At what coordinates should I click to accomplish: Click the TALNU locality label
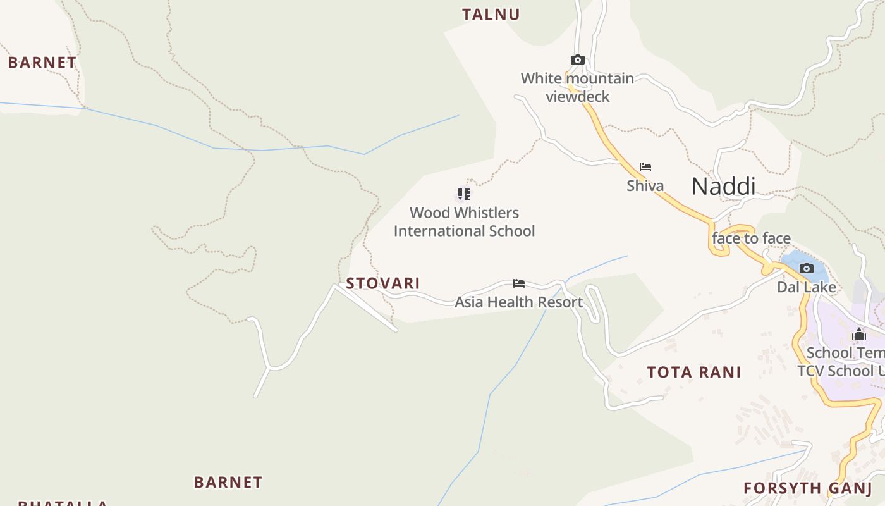pos(491,15)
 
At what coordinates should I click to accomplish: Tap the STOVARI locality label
pos(382,283)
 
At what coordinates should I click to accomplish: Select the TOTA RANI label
pos(693,373)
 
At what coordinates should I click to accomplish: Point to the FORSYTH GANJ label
pos(807,488)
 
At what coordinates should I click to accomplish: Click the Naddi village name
pos(723,187)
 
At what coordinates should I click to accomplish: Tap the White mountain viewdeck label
pos(577,87)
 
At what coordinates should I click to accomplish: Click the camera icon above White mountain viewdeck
pos(577,60)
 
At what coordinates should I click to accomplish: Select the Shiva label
pos(645,185)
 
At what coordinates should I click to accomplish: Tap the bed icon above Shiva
pos(645,167)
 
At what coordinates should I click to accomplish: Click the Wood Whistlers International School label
pos(464,222)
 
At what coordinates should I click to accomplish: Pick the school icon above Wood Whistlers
pos(464,194)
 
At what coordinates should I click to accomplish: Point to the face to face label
pos(751,238)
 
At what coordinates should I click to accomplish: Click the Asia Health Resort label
pos(518,302)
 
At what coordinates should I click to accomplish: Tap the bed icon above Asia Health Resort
pos(518,283)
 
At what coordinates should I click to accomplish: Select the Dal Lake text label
pos(806,287)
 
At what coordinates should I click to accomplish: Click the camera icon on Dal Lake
pos(806,268)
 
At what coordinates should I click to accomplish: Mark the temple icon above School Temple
pos(858,334)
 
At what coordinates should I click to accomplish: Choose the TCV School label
pos(841,371)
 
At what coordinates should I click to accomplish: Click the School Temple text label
pos(845,353)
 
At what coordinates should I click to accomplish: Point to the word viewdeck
pos(577,97)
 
